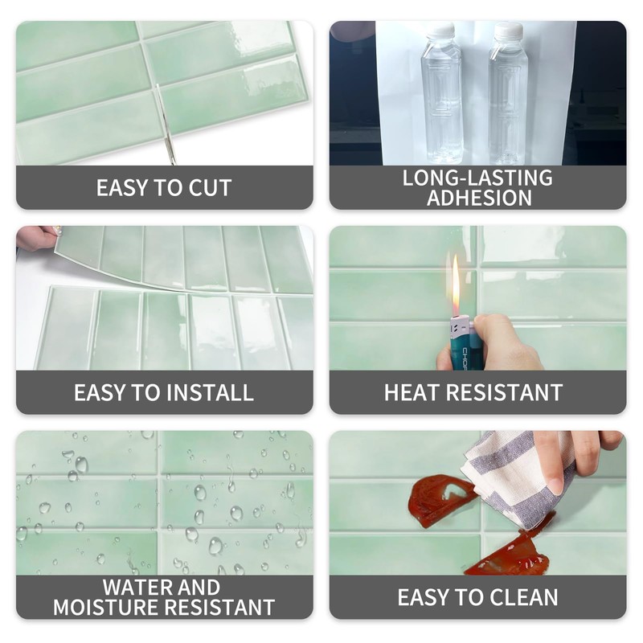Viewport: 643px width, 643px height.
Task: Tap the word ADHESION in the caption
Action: coord(479,199)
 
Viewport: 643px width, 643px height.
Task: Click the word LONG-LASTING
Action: coord(477,178)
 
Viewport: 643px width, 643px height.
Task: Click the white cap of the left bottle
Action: coord(441,32)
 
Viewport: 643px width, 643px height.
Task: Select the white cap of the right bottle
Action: coord(507,32)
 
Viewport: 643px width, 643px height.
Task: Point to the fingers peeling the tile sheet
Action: coord(36,237)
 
